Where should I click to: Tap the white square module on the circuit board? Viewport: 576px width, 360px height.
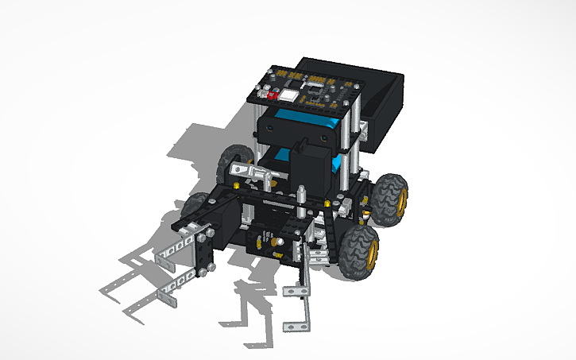[x=287, y=95]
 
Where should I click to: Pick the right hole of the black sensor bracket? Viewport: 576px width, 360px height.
[x=326, y=137]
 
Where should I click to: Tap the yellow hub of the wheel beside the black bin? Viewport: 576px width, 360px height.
[x=401, y=200]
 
